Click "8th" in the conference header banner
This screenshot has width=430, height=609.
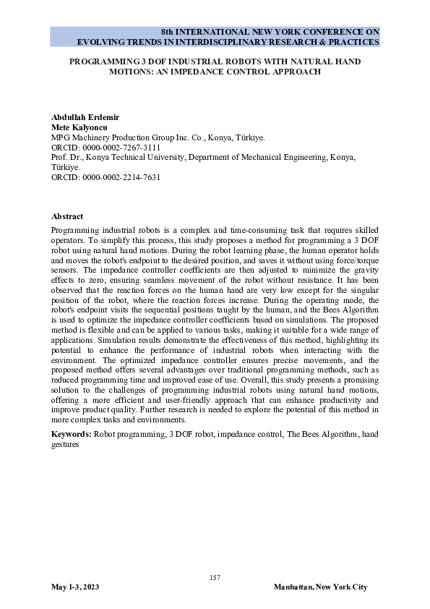[x=168, y=33]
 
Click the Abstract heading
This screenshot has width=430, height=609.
[x=67, y=216]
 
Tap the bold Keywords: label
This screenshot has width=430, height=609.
[x=72, y=434]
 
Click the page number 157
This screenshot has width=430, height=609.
[x=215, y=577]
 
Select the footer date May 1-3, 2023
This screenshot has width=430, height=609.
[x=75, y=587]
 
